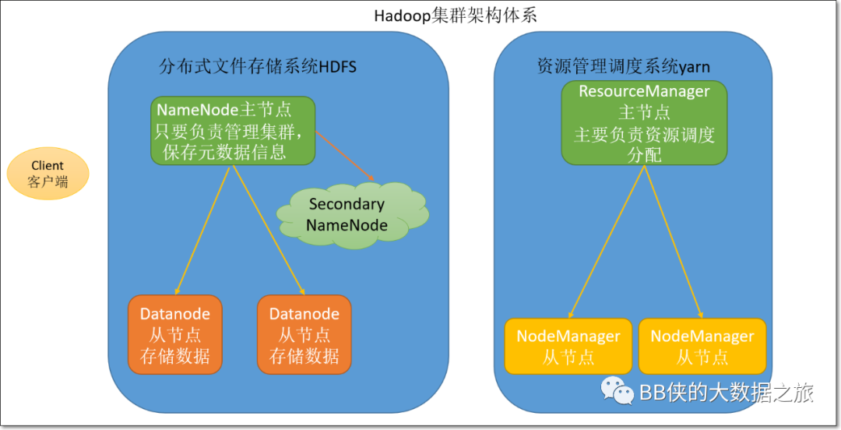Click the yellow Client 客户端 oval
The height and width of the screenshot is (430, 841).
(x=48, y=174)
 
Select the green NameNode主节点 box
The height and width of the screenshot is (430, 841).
(x=233, y=130)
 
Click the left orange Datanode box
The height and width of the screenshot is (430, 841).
(x=175, y=334)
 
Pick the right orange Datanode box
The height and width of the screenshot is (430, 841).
(x=304, y=334)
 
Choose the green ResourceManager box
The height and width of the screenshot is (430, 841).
(x=644, y=123)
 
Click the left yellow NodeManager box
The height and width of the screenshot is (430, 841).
(x=568, y=346)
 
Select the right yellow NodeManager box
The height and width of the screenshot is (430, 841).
(x=702, y=346)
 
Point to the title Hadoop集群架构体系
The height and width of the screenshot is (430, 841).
(x=456, y=16)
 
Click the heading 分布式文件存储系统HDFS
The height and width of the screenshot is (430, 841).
(x=258, y=66)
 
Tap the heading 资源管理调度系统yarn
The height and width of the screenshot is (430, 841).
(x=623, y=66)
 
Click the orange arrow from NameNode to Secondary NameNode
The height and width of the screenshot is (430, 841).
(x=345, y=156)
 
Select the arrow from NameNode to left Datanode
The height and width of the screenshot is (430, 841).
(x=202, y=231)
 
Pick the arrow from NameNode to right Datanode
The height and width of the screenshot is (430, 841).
(x=268, y=231)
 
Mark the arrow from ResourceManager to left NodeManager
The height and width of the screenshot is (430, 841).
(x=606, y=242)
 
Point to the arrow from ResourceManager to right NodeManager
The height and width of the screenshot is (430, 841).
(x=674, y=242)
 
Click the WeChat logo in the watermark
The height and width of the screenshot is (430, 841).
(x=617, y=391)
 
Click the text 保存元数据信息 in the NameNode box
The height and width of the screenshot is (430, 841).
(x=224, y=153)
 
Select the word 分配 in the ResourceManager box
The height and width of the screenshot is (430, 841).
(x=644, y=155)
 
